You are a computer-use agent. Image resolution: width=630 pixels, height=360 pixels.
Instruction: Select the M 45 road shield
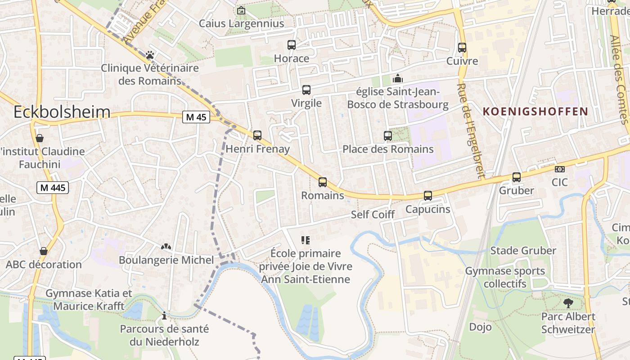tap(196, 117)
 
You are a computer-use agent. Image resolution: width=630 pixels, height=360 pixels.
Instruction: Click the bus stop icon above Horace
tap(292, 45)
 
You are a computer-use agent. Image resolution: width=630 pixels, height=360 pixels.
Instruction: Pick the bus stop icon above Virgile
tap(306, 90)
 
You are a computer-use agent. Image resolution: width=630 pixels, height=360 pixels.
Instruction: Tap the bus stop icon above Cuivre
tap(462, 48)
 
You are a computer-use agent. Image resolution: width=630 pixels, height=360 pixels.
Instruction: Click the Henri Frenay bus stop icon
tap(257, 135)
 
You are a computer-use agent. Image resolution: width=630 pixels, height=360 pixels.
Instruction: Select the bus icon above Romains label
tap(323, 182)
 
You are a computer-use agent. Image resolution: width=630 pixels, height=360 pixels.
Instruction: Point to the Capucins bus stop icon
tap(428, 196)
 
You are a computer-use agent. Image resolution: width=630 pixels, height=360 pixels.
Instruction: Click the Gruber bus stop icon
tap(517, 177)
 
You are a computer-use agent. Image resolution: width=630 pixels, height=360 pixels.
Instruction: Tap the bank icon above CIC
tap(560, 169)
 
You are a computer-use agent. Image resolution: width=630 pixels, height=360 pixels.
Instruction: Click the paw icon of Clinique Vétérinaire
tap(150, 55)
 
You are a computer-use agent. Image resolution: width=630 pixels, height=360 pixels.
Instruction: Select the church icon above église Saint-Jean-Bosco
tap(398, 78)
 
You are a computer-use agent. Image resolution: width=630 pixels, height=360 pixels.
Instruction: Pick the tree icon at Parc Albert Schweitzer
tap(568, 303)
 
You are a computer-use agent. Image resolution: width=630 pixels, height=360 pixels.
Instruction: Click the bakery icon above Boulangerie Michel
tap(166, 247)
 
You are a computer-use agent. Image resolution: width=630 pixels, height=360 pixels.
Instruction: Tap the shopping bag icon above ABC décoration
tap(44, 251)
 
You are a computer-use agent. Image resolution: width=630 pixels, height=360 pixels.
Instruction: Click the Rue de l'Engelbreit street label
tap(469, 130)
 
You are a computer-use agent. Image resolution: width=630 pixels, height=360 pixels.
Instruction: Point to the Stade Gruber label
tap(523, 251)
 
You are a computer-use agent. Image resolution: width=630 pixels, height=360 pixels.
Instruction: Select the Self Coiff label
tap(373, 215)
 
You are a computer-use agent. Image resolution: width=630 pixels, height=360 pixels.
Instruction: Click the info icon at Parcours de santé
tap(164, 315)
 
